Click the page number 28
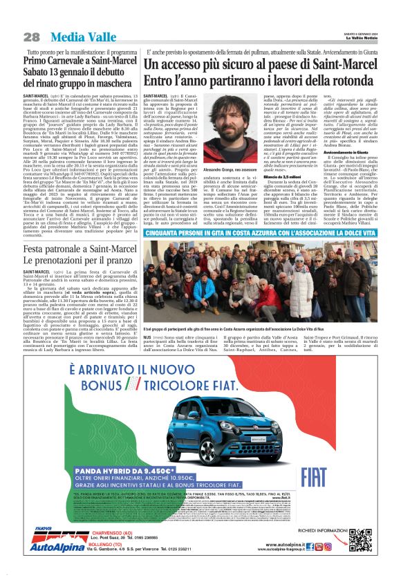[32, 36]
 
